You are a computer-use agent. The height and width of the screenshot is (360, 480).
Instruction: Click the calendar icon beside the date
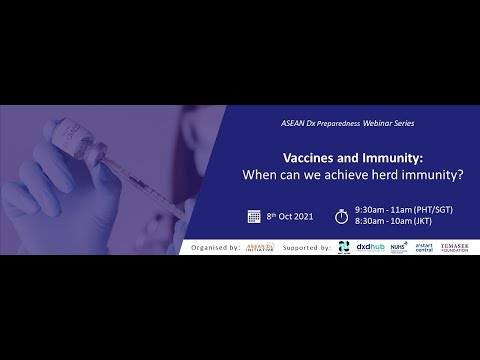coord(254,215)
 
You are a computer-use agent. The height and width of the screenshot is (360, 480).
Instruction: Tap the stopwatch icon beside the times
coord(341,215)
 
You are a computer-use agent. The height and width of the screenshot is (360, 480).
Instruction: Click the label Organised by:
coord(214,245)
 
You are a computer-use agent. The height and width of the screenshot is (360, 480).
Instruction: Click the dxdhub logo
coord(370,245)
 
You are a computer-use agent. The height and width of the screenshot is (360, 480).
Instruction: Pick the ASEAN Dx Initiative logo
coord(260,245)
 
